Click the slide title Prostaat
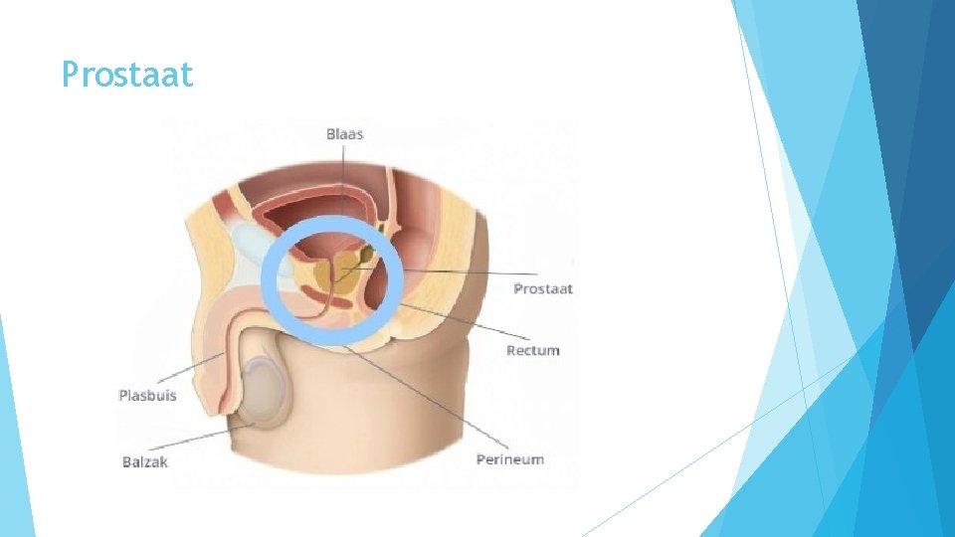pos(127,75)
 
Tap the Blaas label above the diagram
pos(344,134)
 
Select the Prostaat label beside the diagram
pos(543,289)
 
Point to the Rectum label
pos(533,350)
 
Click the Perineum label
pos(510,459)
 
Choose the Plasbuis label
pos(147,395)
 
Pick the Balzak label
pos(145,461)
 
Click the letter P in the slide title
pos(70,75)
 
